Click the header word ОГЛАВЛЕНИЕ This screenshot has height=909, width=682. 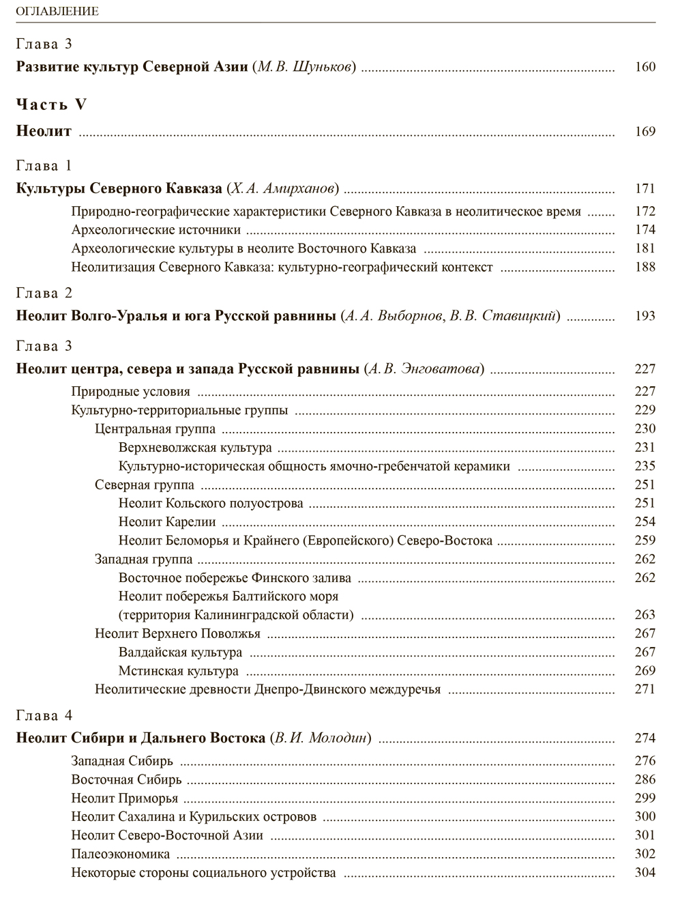pyautogui.click(x=57, y=11)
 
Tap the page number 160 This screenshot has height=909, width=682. pyautogui.click(x=644, y=67)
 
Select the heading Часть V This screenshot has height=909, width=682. pyautogui.click(x=52, y=104)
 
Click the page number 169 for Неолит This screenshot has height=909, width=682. pyautogui.click(x=644, y=132)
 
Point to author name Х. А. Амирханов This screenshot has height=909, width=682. pyautogui.click(x=283, y=188)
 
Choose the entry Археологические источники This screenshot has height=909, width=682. pyautogui.click(x=155, y=230)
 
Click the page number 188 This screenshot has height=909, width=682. pyautogui.click(x=644, y=267)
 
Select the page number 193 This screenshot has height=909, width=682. pyautogui.click(x=644, y=316)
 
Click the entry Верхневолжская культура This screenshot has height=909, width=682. pyautogui.click(x=195, y=448)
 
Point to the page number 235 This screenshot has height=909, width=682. pyautogui.click(x=644, y=466)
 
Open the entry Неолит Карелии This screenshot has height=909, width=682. pyautogui.click(x=167, y=522)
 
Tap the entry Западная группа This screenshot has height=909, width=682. pyautogui.click(x=143, y=560)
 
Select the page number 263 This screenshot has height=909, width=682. pyautogui.click(x=644, y=615)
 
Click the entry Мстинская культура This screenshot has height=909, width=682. pyautogui.click(x=179, y=671)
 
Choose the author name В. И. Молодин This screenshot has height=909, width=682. pyautogui.click(x=321, y=738)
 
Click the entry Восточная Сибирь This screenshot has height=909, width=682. pyautogui.click(x=126, y=779)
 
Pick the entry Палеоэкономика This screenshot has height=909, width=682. pyautogui.click(x=120, y=854)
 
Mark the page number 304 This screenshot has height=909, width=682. pyautogui.click(x=644, y=872)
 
